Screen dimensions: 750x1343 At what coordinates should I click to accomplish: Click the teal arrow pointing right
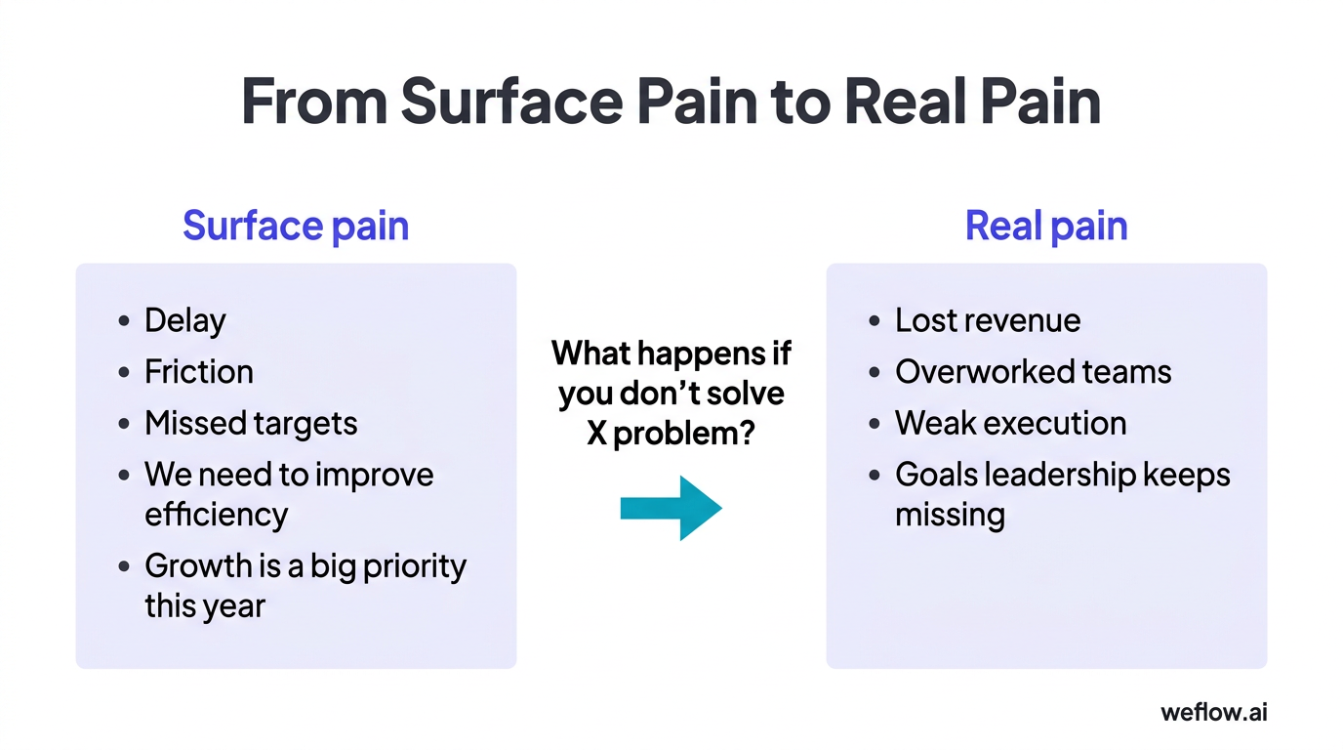[x=671, y=508]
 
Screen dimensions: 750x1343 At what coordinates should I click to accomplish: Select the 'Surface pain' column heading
[x=296, y=226]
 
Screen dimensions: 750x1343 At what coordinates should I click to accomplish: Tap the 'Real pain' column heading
[x=1046, y=226]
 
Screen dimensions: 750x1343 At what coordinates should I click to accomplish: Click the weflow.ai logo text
[x=1213, y=712]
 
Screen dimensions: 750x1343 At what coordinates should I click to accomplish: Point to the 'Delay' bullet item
[x=184, y=320]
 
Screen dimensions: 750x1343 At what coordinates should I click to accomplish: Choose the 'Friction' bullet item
[x=198, y=372]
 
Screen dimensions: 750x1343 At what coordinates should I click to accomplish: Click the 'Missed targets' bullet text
[x=251, y=423]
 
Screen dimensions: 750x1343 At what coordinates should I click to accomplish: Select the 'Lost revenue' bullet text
[x=988, y=320]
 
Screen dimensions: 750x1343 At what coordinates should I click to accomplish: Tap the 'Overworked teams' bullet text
[x=1033, y=372]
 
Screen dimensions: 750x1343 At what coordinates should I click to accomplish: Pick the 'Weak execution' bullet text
[x=1010, y=423]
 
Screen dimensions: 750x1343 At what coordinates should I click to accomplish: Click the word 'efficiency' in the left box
[x=216, y=515]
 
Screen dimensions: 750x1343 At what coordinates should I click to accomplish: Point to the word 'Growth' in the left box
[x=200, y=566]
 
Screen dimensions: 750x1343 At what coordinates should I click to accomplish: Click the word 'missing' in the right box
[x=950, y=515]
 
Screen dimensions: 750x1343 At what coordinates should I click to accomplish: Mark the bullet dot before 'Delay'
[x=124, y=321]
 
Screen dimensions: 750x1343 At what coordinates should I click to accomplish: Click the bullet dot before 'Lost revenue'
[x=875, y=321]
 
